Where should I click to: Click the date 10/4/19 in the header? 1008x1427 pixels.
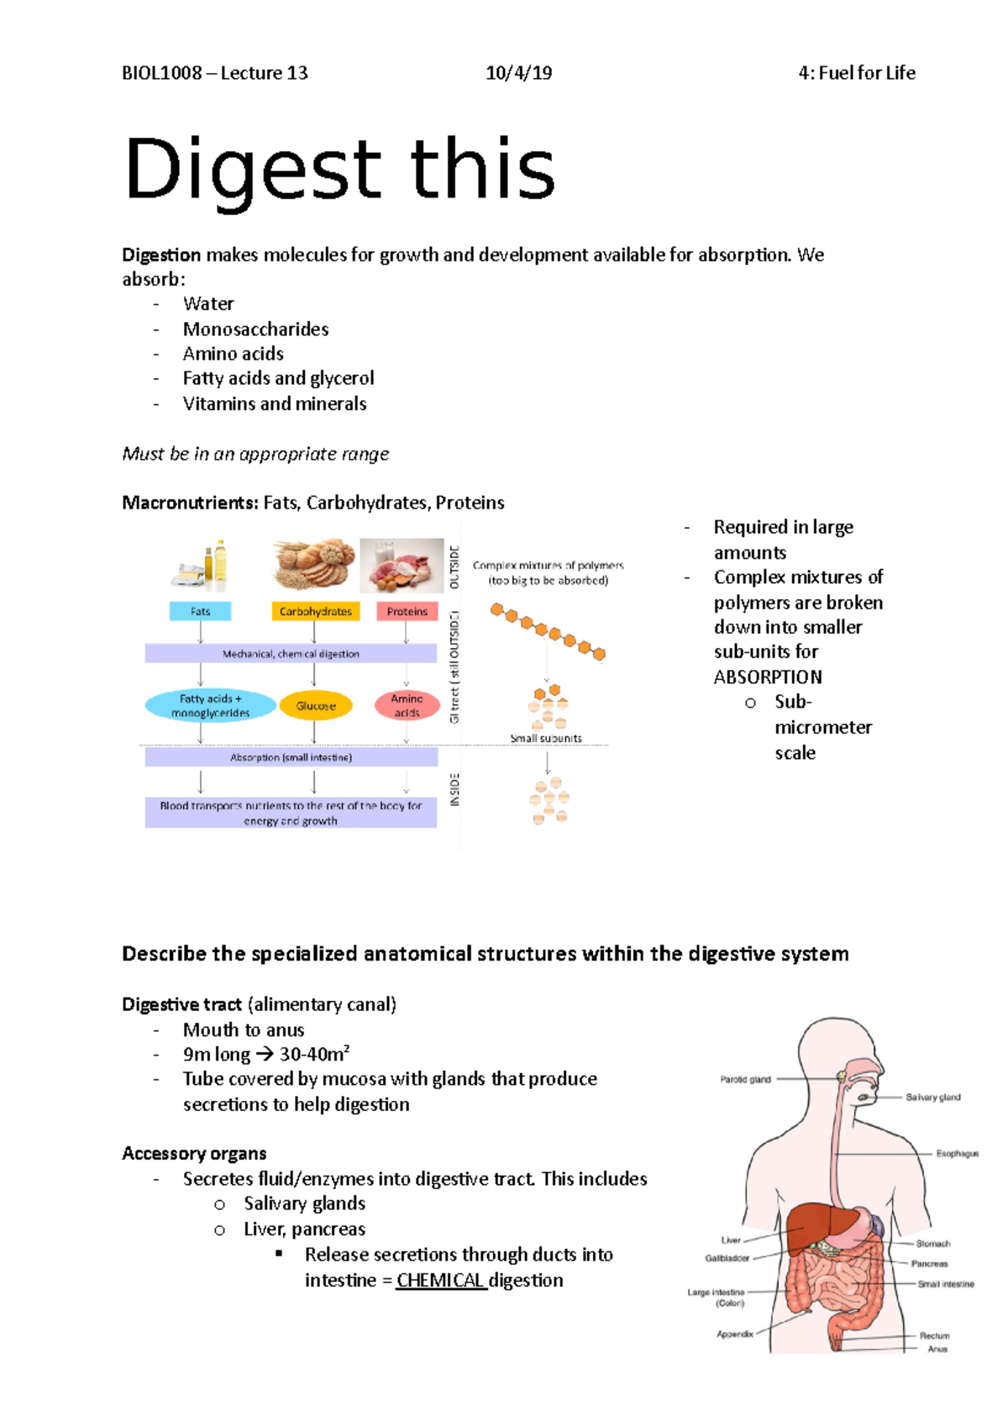518,73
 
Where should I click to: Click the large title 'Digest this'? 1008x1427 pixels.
339,170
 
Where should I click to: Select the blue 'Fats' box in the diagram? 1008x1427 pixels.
200,611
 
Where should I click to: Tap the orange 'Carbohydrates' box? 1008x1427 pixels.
316,611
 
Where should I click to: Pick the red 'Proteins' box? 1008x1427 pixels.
407,611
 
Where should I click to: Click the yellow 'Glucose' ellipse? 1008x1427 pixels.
316,706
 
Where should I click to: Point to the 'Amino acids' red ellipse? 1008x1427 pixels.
407,705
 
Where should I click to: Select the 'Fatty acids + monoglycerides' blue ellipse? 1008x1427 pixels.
210,705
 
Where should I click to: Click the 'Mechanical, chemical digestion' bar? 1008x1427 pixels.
291,653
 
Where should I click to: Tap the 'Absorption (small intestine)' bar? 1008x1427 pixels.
291,757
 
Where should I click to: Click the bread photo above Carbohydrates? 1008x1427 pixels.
313,564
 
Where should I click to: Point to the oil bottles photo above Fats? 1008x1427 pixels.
202,564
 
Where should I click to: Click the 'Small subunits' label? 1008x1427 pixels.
546,738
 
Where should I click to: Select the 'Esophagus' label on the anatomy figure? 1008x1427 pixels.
957,1154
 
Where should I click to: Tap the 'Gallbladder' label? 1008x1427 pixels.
727,1258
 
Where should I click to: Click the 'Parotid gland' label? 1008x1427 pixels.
745,1080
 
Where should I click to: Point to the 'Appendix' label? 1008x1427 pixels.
734,1334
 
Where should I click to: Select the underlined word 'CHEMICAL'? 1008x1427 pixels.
440,1280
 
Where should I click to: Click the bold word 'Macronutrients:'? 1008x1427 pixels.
190,503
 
